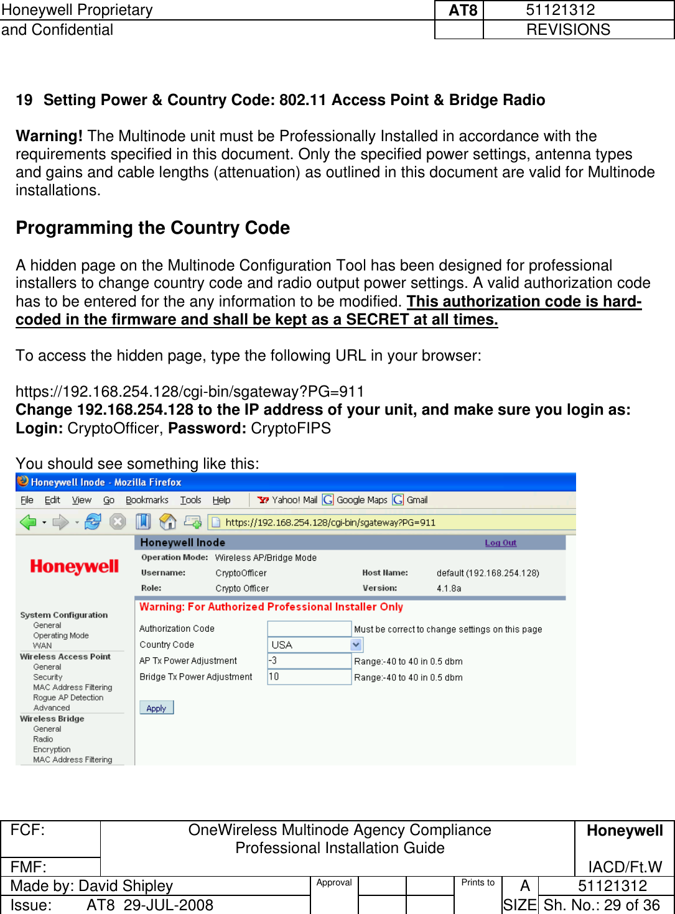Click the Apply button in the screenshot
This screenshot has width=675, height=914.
tap(156, 708)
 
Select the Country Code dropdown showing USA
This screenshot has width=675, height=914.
tap(315, 645)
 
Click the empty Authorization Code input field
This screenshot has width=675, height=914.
tap(309, 629)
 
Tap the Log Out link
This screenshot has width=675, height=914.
tap(500, 543)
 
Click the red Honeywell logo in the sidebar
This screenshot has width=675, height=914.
tap(74, 566)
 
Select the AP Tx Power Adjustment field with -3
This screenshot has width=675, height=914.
tap(309, 661)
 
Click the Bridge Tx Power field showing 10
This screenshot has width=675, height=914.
tap(309, 676)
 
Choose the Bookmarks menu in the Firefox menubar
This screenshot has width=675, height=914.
tap(147, 500)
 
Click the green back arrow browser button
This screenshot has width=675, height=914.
tap(28, 522)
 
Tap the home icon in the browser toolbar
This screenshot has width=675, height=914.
tap(167, 522)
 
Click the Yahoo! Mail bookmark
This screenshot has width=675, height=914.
tap(287, 500)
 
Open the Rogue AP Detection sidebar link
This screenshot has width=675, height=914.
tap(68, 698)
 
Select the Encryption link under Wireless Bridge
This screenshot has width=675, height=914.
tap(52, 749)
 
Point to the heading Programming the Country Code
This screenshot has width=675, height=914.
tap(152, 228)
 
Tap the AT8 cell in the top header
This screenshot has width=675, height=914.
tap(462, 11)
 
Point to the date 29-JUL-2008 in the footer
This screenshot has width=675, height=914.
tap(168, 905)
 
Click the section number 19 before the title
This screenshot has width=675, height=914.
tap(24, 100)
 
